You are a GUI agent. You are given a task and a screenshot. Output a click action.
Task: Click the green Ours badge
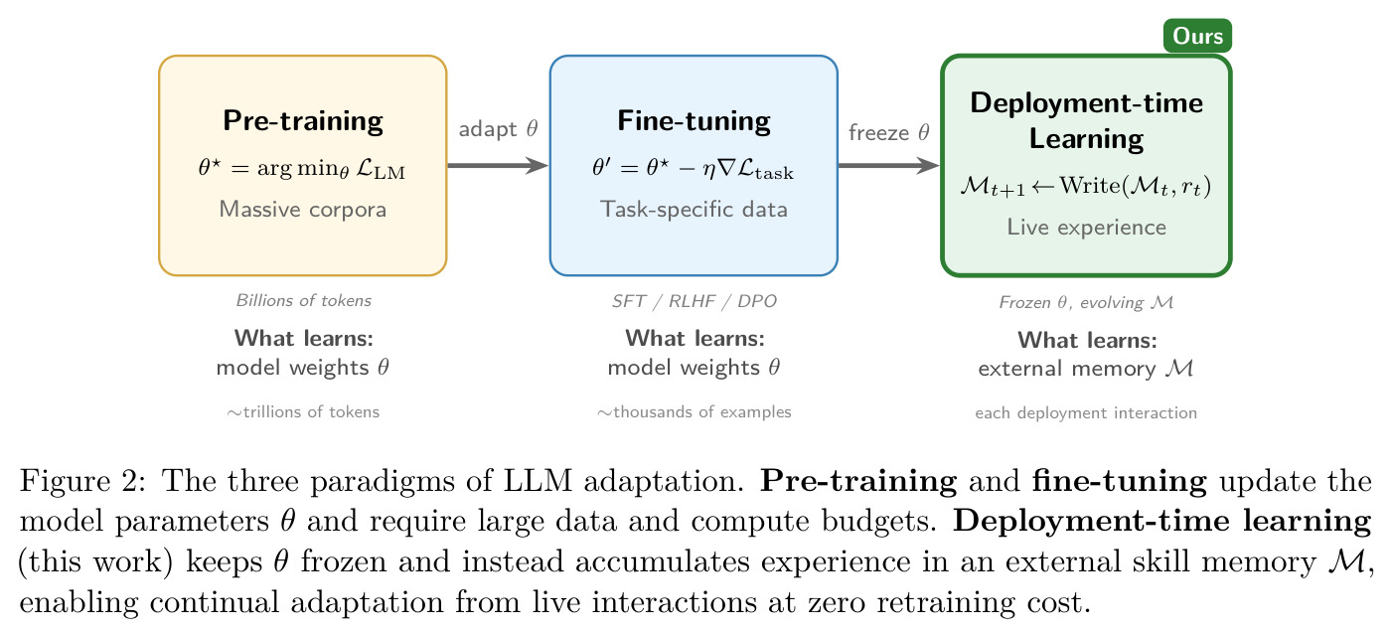click(1197, 36)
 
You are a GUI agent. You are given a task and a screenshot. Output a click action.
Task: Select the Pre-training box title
click(303, 120)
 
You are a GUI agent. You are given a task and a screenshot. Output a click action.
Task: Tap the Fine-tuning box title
click(694, 121)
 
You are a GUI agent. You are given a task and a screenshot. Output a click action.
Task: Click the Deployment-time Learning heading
click(1086, 120)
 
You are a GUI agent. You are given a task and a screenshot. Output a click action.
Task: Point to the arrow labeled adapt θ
click(498, 165)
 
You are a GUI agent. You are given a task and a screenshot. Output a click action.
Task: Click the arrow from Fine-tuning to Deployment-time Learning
click(889, 165)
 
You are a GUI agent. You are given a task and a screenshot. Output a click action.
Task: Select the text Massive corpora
click(303, 210)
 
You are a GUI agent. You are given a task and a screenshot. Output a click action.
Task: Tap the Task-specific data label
click(694, 210)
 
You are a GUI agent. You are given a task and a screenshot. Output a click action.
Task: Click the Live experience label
click(1086, 228)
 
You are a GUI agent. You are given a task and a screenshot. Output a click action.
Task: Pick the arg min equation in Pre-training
click(302, 169)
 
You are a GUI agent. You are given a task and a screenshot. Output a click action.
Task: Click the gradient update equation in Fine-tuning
click(694, 169)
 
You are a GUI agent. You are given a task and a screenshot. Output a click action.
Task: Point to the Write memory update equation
click(1085, 186)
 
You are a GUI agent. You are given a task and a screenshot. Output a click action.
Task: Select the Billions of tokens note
click(304, 300)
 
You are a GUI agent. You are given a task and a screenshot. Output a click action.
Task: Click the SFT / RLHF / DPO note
click(695, 301)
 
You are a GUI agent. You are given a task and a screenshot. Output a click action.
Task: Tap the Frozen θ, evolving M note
click(1086, 302)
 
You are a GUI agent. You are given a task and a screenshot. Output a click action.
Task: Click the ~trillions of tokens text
click(303, 412)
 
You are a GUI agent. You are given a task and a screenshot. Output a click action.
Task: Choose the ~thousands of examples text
click(695, 412)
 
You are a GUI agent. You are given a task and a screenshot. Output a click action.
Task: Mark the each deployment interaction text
click(1086, 413)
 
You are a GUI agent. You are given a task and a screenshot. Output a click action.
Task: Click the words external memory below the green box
click(1067, 370)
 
